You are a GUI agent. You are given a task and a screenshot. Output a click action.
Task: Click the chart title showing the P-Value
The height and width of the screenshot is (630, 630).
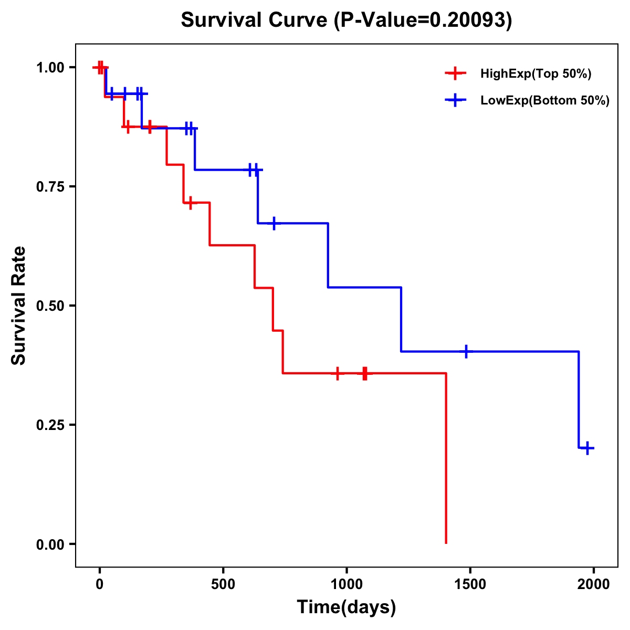click(346, 20)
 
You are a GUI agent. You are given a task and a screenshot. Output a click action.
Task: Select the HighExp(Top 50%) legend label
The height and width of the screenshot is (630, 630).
click(535, 74)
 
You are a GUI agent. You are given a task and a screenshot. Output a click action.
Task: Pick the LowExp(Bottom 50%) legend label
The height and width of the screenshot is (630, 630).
click(545, 101)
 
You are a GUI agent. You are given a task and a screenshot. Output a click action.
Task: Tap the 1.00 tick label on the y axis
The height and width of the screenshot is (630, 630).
click(50, 68)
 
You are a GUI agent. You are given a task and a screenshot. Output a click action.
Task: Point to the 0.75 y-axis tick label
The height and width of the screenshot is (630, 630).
click(50, 187)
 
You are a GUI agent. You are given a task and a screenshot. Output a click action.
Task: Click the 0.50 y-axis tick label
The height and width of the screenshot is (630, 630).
click(50, 306)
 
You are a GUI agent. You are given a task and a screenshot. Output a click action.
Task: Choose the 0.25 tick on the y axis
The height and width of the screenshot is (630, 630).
click(50, 425)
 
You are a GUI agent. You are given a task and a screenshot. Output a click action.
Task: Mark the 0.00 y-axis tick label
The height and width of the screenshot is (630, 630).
click(50, 544)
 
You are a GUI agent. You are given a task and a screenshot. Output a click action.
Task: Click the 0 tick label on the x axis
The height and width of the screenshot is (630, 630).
click(99, 584)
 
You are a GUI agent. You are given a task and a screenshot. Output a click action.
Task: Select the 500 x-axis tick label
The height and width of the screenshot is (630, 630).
click(223, 584)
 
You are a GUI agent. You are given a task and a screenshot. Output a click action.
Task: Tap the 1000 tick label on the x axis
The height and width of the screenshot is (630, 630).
click(346, 584)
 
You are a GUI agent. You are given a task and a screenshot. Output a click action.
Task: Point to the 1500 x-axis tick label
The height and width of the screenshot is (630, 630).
click(470, 584)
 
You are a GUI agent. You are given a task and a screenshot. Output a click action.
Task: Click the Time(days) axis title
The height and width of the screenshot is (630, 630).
click(346, 607)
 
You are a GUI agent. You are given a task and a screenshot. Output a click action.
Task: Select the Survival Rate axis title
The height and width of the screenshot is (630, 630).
click(19, 306)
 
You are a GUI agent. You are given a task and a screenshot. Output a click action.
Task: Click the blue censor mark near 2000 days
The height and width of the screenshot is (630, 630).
click(588, 448)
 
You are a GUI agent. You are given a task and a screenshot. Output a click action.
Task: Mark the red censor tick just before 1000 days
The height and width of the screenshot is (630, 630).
click(338, 373)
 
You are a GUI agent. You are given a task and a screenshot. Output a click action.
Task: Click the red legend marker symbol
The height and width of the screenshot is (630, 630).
click(455, 73)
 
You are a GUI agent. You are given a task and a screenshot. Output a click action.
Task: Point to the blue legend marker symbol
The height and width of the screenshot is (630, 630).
click(455, 100)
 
